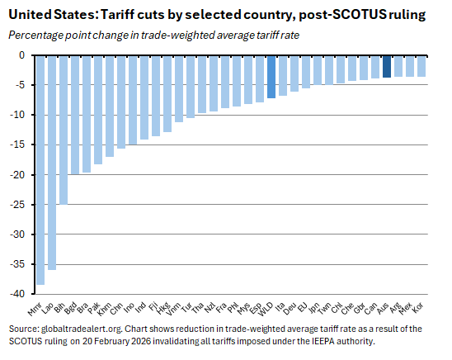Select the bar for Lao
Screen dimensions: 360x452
tap(51, 162)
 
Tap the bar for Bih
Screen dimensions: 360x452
tap(63, 129)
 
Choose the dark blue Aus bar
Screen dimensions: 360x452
tap(387, 66)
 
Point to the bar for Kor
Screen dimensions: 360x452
tap(421, 66)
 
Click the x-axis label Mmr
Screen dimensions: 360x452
tap(35, 310)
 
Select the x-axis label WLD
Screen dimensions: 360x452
tap(266, 310)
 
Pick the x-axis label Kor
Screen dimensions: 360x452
tap(418, 309)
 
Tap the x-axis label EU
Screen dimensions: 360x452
tap(304, 307)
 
